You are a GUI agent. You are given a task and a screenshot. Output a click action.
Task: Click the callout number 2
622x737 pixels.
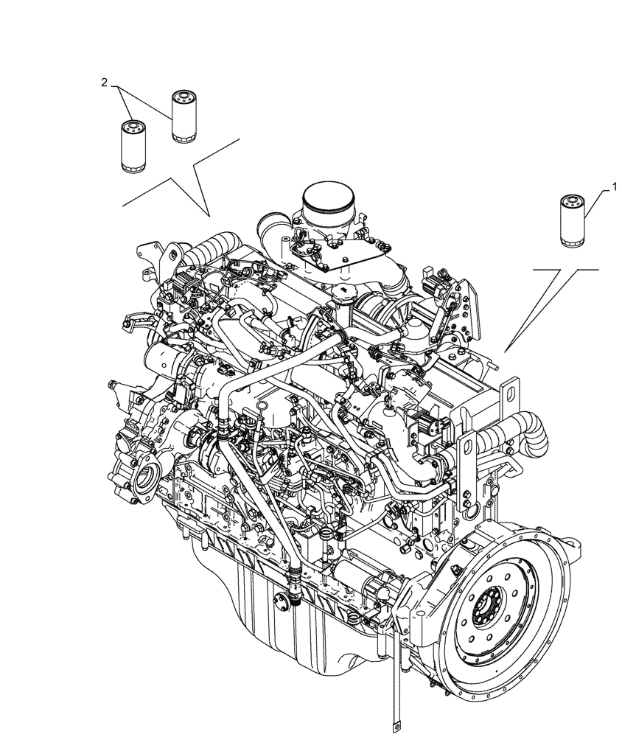pyautogui.click(x=105, y=83)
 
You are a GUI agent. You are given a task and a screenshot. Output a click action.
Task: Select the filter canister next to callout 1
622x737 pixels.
pyautogui.click(x=572, y=220)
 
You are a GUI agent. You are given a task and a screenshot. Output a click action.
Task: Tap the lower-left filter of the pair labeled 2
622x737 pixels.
pyautogui.click(x=130, y=147)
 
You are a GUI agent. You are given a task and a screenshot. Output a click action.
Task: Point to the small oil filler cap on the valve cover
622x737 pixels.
pyautogui.click(x=341, y=294)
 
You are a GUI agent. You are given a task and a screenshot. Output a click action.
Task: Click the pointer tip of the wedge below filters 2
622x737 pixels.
pyautogui.click(x=209, y=214)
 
